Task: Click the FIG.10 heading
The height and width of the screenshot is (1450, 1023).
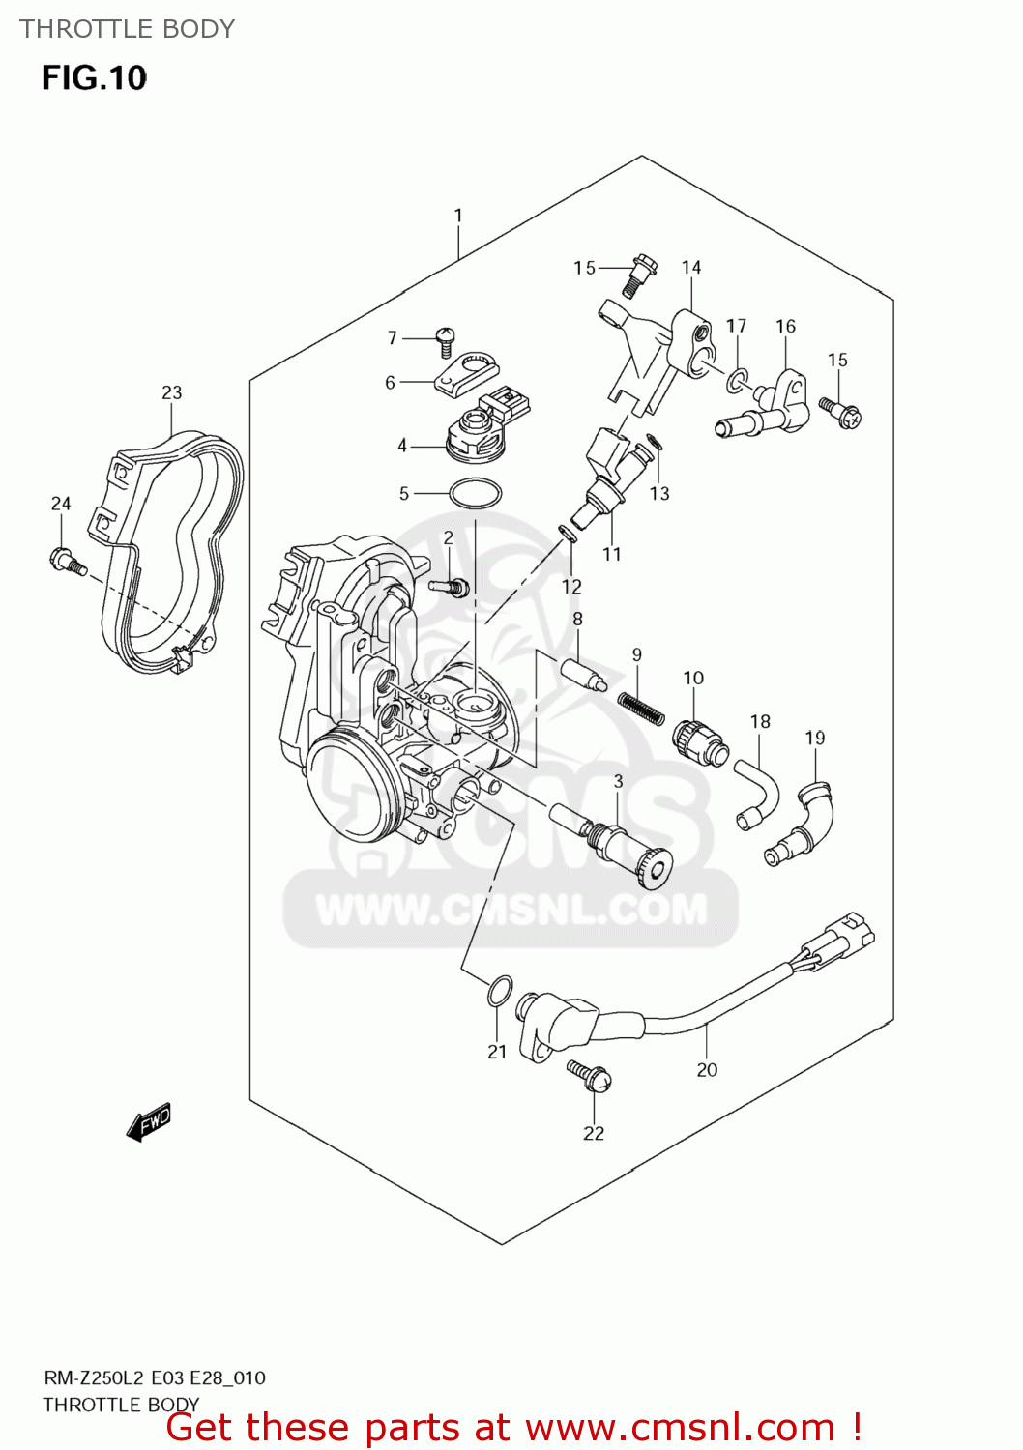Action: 94,78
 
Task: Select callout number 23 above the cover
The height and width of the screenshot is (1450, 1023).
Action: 171,392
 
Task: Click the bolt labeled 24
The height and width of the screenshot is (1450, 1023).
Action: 66,560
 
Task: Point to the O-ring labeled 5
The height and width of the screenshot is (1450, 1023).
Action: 475,494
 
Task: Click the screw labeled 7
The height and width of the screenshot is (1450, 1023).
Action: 446,339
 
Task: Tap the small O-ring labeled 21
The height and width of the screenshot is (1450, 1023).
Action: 498,991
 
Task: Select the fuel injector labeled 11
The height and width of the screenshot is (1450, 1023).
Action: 606,474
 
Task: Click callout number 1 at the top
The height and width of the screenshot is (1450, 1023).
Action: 458,215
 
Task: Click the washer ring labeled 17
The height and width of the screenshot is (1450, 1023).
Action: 737,381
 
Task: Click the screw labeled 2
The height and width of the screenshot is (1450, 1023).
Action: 450,585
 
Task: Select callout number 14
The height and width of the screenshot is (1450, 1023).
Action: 690,268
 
